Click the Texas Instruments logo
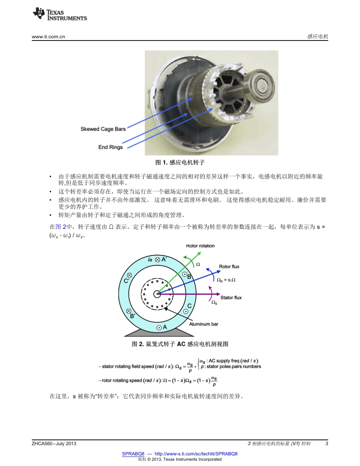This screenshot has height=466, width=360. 59,15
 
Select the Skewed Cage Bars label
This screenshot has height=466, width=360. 103,129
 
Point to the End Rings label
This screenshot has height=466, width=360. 110,147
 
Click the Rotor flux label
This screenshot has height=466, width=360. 229,267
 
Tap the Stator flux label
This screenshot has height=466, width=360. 231,298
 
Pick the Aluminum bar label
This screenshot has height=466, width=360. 204,324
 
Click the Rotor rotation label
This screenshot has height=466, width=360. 200,246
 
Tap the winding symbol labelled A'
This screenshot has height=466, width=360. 157,260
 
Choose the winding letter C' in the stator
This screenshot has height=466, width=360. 127,281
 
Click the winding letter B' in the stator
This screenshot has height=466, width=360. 133,316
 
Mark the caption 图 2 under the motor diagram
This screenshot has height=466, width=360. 180,344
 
